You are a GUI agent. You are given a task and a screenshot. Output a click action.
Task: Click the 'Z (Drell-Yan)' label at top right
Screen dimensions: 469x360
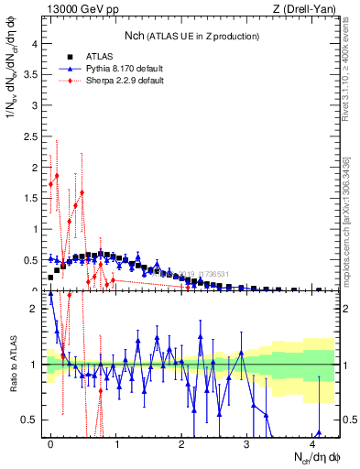pos(309,9)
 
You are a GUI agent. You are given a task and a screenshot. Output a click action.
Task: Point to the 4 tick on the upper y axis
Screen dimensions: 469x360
pos(34,42)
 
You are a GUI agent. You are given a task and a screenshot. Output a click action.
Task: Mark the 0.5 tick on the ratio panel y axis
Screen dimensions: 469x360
pos(30,420)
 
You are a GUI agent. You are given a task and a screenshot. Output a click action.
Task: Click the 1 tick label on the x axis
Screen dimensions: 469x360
pos(115,443)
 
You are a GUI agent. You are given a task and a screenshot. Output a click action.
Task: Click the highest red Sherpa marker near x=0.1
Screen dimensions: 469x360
pos(57,175)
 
